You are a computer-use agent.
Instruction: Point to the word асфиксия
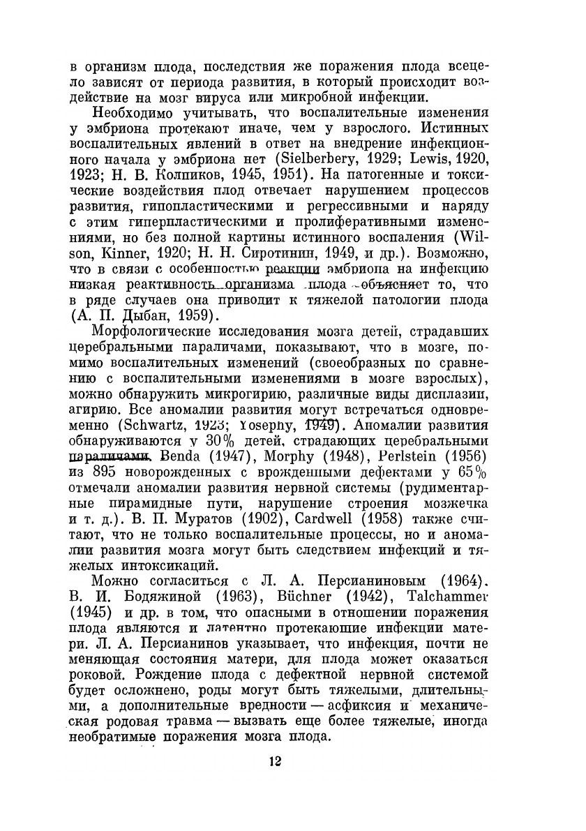coord(364,707)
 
